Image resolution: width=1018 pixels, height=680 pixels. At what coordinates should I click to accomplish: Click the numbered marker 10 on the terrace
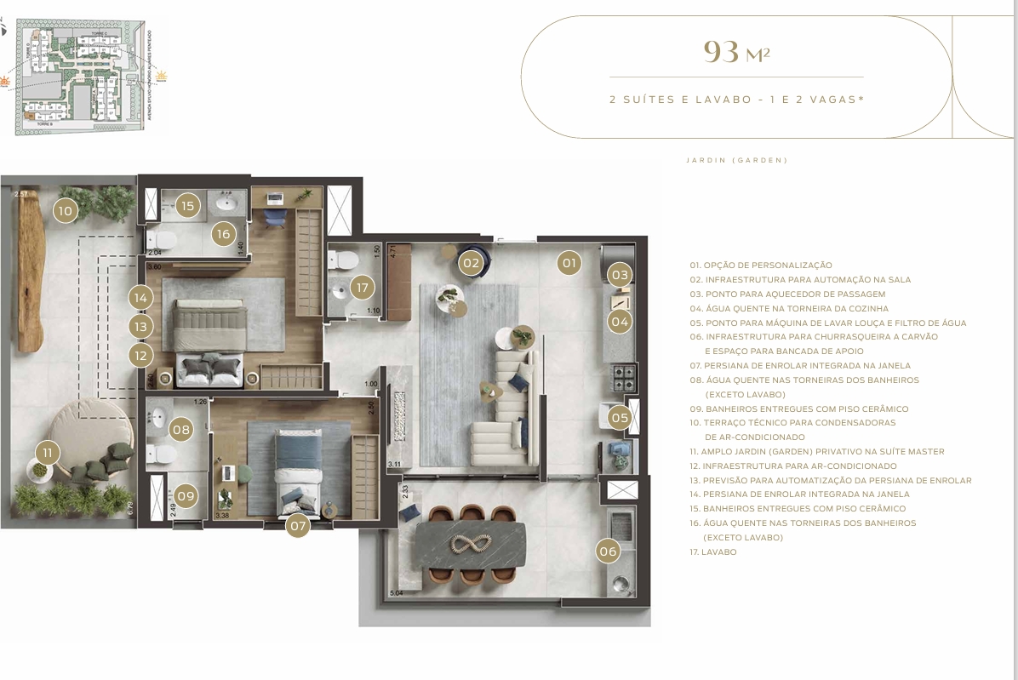point(65,209)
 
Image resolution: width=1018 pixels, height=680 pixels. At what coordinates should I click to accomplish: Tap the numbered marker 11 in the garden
point(48,452)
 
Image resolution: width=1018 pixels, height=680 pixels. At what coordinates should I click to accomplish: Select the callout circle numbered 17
point(363,288)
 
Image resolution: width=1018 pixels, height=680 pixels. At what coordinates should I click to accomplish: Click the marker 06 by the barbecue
point(608,551)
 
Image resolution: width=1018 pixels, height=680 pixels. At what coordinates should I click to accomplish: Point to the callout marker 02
point(471,263)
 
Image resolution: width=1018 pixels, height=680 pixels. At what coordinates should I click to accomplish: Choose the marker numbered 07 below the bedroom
point(297,525)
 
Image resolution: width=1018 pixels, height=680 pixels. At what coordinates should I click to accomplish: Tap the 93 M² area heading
point(736,53)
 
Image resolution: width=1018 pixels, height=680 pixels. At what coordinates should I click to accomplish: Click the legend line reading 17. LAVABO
point(712,552)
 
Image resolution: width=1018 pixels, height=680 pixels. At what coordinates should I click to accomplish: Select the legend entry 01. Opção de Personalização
point(761,266)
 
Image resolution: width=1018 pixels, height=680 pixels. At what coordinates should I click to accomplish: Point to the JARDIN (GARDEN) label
point(736,160)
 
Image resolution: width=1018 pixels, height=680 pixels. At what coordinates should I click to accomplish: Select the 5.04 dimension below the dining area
point(396,593)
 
